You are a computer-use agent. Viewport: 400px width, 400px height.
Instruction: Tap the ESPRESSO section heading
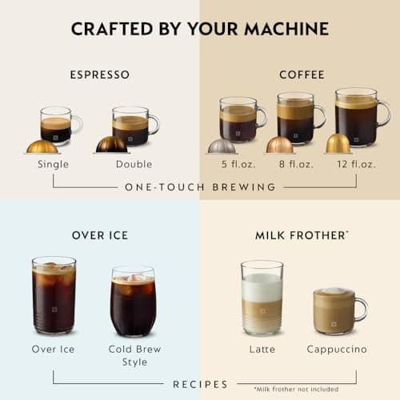click(x=100, y=74)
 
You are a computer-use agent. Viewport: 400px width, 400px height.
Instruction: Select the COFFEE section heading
click(x=302, y=74)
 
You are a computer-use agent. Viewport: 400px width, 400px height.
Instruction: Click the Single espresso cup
click(x=58, y=125)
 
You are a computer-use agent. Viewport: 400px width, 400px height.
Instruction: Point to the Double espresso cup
click(x=132, y=126)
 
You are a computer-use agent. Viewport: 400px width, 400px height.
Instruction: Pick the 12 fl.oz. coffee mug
click(x=358, y=116)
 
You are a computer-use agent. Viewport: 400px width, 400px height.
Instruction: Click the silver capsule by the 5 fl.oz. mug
click(x=222, y=146)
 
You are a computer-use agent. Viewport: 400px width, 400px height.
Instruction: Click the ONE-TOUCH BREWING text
click(x=200, y=187)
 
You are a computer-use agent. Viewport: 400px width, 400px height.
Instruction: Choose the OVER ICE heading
click(x=100, y=235)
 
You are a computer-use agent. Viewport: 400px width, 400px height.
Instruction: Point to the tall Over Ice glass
click(x=54, y=295)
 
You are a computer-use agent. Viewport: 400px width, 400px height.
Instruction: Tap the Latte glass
click(x=262, y=298)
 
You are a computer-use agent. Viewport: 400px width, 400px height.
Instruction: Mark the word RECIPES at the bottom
click(x=200, y=384)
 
